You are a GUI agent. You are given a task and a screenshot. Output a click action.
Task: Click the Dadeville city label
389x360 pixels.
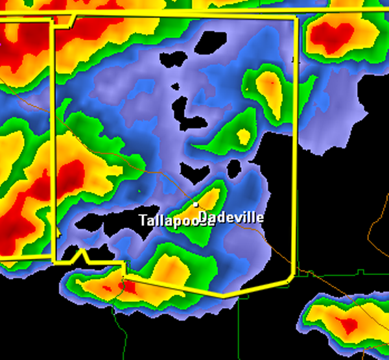point(231,217)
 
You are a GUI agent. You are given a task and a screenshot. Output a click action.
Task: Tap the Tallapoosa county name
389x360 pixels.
point(175,221)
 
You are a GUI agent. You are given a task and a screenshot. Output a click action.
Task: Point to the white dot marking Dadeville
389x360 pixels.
point(196,204)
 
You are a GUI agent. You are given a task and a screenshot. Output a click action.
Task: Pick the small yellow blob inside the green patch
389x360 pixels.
point(244,136)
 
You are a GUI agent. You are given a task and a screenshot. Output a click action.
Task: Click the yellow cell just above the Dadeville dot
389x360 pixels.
point(209,197)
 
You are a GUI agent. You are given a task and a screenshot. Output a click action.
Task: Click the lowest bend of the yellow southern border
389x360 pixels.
point(224,296)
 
